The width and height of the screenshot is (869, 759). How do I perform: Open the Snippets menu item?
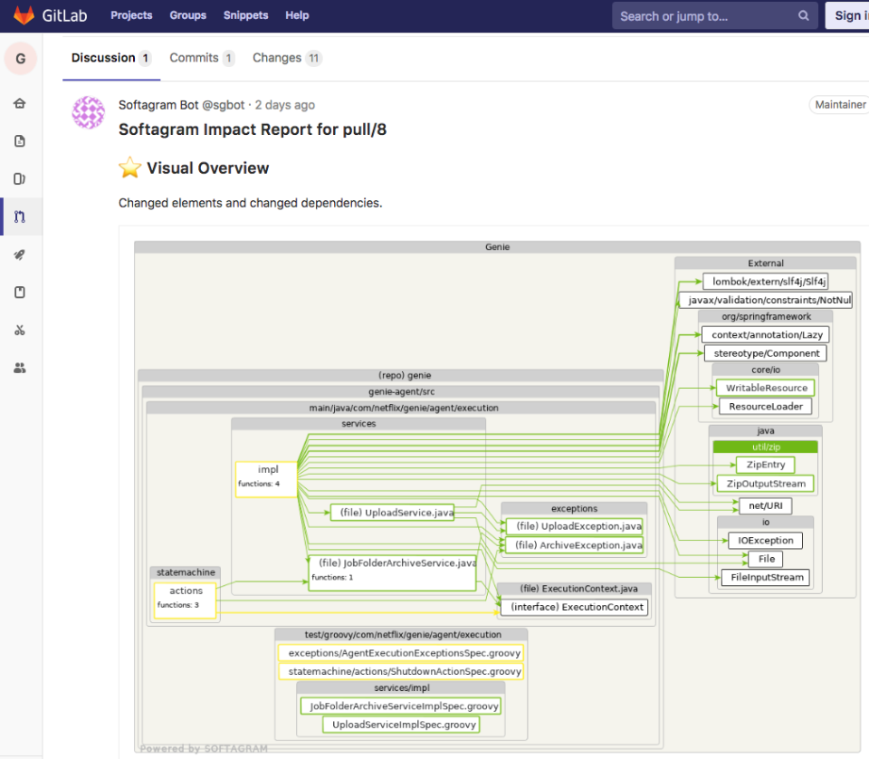[245, 15]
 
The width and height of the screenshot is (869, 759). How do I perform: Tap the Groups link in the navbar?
[187, 15]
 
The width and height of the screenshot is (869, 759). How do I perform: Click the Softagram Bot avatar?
[89, 112]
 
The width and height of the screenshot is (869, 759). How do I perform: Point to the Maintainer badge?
[840, 105]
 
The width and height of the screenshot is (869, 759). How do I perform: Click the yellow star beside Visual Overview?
[130, 168]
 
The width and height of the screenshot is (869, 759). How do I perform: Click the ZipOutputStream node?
[765, 484]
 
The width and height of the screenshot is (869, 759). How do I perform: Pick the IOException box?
[765, 541]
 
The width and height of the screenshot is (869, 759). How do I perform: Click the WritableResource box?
[766, 388]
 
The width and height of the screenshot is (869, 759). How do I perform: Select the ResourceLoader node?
[765, 407]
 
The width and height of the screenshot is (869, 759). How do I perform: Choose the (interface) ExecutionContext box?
[577, 607]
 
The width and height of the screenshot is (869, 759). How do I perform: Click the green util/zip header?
[765, 447]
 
